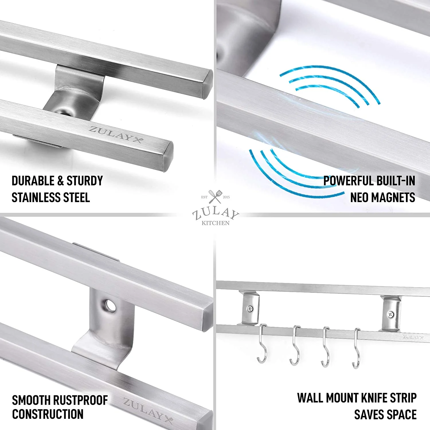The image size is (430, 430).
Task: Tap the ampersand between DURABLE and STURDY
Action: point(60,181)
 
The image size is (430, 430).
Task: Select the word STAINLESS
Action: point(36,198)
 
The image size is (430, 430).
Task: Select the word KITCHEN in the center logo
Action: point(215,223)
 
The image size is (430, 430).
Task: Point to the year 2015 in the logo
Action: point(226,197)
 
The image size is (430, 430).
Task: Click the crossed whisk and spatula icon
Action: point(215,196)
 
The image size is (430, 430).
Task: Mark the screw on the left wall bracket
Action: point(250,309)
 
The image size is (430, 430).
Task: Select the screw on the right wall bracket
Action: point(390,314)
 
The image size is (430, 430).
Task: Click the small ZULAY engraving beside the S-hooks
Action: point(413,337)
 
